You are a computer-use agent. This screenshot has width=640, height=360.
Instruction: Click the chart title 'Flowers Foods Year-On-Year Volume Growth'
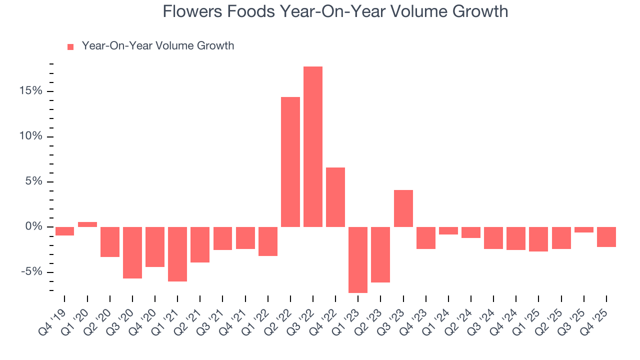335,11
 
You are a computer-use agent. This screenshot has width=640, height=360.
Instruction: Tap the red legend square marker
70,46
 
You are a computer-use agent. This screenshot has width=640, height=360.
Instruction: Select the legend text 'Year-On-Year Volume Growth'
158,46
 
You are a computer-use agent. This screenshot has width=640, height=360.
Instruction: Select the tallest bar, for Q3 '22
313,146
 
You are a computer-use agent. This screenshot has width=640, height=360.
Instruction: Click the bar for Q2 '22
290,162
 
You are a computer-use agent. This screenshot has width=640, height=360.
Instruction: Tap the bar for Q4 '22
335,197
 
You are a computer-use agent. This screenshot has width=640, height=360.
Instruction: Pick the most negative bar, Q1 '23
358,259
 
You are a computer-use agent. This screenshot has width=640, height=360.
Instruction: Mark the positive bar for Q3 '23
403,208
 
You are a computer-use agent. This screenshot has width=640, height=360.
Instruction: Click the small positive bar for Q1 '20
87,224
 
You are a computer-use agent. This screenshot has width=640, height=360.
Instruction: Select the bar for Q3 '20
132,252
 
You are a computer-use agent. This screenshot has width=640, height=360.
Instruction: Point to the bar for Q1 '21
177,254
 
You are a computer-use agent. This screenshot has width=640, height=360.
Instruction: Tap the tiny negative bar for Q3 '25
584,229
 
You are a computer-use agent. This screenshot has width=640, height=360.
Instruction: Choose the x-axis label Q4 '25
598,314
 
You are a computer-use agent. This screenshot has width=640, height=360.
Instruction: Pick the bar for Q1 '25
538,239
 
